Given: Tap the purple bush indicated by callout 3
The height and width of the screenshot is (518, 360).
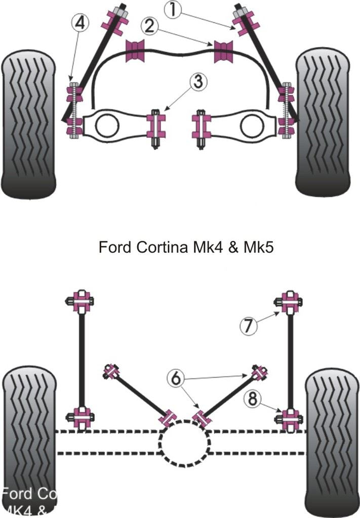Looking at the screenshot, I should [x=156, y=125].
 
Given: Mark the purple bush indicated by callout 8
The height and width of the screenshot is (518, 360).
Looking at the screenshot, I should [x=289, y=418].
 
